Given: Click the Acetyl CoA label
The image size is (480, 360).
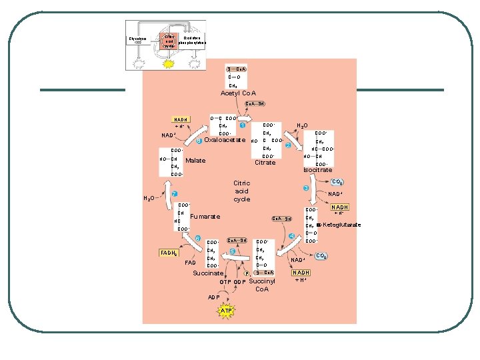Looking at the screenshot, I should [238, 93].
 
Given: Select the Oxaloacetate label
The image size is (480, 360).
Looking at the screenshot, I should [225, 140].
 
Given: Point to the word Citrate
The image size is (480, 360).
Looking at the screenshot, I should [265, 163].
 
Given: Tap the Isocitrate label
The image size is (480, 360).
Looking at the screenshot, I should [317, 170].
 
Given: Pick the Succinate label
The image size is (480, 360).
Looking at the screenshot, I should [208, 273].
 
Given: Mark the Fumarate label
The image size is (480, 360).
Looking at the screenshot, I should [205, 217].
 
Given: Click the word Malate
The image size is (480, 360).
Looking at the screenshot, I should [195, 161].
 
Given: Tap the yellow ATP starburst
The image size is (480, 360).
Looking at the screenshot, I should [227, 311].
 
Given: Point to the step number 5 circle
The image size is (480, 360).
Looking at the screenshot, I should [232, 251].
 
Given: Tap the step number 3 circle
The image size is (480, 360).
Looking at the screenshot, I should [305, 189].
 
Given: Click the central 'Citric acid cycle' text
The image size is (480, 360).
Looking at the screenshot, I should [241, 191].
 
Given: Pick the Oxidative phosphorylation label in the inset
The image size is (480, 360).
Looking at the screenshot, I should [193, 40].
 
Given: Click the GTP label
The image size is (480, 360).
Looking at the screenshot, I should [225, 282].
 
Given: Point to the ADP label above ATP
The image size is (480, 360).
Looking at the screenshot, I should [214, 297].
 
